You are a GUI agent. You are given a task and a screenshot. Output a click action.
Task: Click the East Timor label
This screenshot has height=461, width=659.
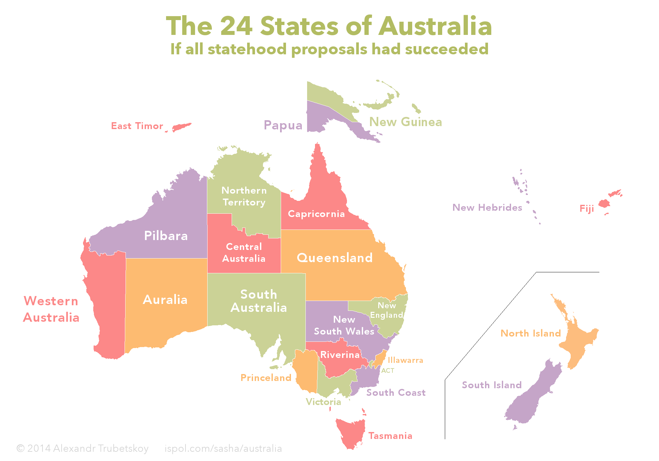pos(137,126)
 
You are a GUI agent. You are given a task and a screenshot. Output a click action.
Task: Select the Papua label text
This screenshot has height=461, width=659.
pos(283,125)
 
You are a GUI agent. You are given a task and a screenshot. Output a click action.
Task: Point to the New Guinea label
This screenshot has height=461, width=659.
pos(406,122)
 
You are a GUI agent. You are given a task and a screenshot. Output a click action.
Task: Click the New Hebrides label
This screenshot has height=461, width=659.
pos(487,207)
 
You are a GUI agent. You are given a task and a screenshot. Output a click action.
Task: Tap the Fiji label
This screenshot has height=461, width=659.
pos(587,208)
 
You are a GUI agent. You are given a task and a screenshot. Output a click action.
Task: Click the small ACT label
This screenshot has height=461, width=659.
pos(388,370)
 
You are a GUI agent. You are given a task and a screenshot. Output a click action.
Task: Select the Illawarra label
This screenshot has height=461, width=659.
pos(405,360)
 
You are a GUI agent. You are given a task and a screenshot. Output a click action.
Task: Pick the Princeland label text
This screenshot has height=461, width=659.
pos(266,378)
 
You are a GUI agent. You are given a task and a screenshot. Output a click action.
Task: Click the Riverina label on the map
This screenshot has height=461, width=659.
pos(340,355)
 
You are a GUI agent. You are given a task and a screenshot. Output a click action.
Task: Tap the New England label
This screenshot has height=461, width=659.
pos(387,310)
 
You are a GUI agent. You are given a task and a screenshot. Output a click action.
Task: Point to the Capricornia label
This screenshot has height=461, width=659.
pos(316,214)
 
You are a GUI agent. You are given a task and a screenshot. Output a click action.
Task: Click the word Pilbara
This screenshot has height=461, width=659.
pos(166,236)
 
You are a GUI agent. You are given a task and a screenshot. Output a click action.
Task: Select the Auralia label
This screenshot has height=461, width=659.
pos(165,300)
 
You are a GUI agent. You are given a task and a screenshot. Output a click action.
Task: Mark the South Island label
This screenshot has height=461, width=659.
pos(492,385)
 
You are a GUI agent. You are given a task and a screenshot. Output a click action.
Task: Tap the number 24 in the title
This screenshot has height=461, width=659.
pos(236,26)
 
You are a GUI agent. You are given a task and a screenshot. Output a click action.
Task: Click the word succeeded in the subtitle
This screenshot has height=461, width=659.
pos(446,49)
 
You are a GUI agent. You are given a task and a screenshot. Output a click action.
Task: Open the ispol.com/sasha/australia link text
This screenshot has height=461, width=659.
pos(223,448)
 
